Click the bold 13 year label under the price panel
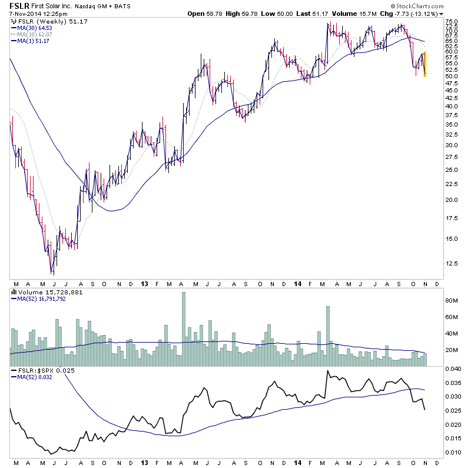pos(145,283)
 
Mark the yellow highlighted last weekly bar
pos(424,64)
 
